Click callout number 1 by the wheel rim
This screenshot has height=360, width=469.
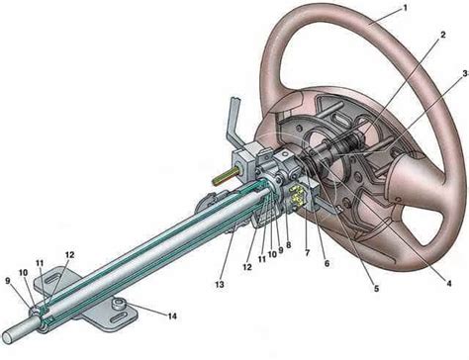pyautogui.click(x=405, y=8)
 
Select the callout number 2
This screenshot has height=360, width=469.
pyautogui.click(x=442, y=35)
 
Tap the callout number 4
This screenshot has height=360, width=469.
pyautogui.click(x=448, y=283)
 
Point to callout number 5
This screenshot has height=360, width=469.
pyautogui.click(x=376, y=289)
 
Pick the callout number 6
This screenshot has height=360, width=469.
pyautogui.click(x=327, y=263)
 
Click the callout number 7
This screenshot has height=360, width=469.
pyautogui.click(x=308, y=253)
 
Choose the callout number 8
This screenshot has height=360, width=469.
pyautogui.click(x=289, y=245)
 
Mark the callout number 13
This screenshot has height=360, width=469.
pyautogui.click(x=220, y=284)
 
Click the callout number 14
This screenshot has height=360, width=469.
pyautogui.click(x=172, y=316)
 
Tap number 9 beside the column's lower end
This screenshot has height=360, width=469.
pyautogui.click(x=9, y=281)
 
